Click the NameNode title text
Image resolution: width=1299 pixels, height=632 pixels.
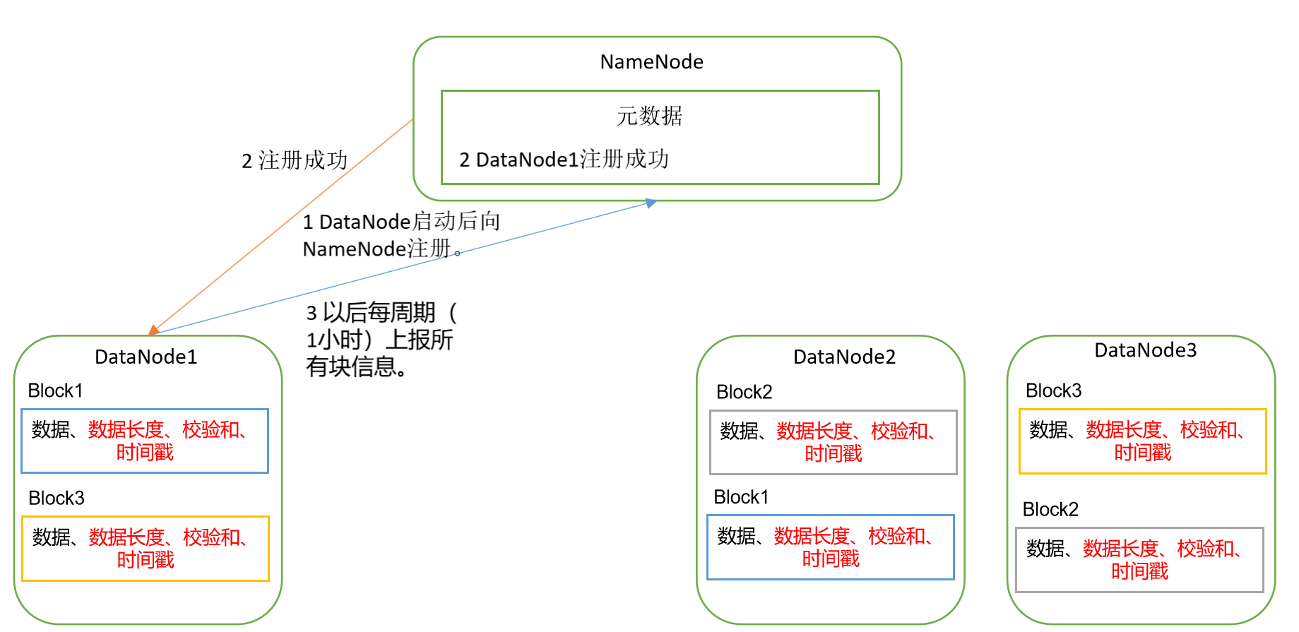(651, 62)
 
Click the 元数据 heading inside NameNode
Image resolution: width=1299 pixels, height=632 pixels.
(649, 116)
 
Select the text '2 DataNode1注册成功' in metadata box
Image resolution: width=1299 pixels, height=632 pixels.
(564, 160)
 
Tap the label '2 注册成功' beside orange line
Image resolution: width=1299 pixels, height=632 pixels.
(295, 161)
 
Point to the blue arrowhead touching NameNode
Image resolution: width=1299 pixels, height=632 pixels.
(651, 203)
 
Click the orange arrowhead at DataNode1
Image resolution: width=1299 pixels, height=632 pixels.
(153, 330)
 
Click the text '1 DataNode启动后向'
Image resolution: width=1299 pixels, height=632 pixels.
(401, 222)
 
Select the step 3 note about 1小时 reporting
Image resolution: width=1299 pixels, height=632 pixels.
(381, 340)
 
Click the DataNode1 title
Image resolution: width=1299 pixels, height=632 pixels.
(146, 357)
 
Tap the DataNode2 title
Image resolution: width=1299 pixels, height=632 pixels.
(844, 357)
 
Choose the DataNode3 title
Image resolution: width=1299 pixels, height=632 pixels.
(1145, 350)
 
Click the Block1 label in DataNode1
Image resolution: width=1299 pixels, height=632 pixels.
(55, 390)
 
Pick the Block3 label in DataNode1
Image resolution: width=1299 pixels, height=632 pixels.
(57, 498)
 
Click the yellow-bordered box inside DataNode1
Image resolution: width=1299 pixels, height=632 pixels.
(146, 549)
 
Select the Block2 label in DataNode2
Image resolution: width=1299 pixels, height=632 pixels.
(744, 392)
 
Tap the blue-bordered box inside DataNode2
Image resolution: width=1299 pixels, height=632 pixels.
(830, 547)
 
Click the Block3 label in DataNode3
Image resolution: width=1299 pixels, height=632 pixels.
(1053, 390)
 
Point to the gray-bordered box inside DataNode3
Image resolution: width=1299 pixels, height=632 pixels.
(1139, 559)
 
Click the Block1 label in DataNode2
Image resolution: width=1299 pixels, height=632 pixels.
(740, 497)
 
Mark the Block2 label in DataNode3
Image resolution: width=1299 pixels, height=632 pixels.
(1050, 509)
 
